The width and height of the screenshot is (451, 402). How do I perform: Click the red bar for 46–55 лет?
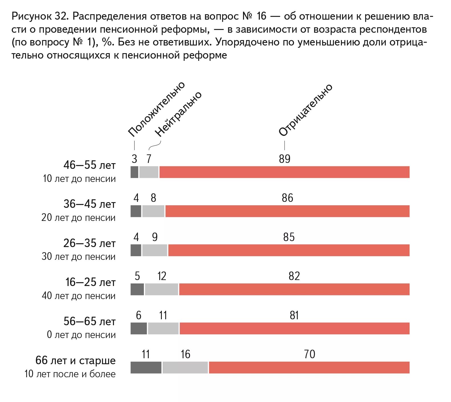click(284, 172)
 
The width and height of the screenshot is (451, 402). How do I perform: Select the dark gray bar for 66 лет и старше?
click(146, 367)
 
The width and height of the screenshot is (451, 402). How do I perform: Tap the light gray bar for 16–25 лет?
click(162, 289)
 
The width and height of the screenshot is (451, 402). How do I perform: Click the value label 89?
click(284, 159)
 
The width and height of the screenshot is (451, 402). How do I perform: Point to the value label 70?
click(309, 354)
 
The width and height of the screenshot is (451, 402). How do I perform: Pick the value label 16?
click(185, 354)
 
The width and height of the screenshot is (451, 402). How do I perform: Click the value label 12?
click(162, 276)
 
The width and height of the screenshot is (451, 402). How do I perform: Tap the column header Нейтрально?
click(178, 114)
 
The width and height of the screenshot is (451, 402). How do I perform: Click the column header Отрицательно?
click(305, 110)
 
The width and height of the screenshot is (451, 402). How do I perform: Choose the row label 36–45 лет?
click(89, 204)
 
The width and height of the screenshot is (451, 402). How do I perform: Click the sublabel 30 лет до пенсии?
click(79, 256)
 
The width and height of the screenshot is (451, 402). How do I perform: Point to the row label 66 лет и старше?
click(75, 360)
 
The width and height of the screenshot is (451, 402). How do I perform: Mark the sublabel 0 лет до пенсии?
click(81, 335)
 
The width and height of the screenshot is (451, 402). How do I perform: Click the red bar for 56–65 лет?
click(294, 328)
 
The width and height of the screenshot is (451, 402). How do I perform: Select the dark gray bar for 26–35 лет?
click(136, 250)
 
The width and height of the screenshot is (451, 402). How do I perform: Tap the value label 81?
click(294, 315)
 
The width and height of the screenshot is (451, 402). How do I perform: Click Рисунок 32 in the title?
click(39, 16)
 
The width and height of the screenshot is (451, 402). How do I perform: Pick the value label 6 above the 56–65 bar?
click(138, 315)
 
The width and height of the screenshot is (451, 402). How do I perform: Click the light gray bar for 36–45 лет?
click(153, 211)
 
